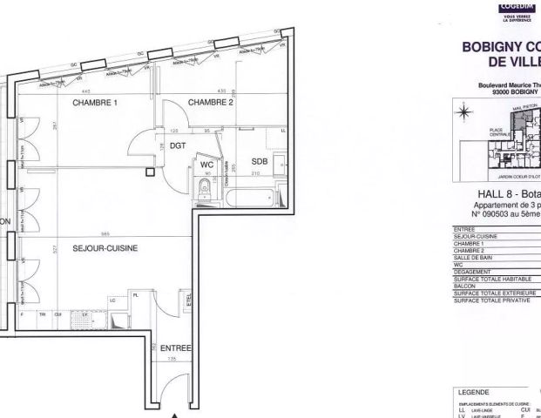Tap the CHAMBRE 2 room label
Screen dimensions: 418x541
pyautogui.click(x=212, y=102)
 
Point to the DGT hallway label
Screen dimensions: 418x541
pyautogui.click(x=178, y=146)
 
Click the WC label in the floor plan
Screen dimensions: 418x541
pyautogui.click(x=207, y=163)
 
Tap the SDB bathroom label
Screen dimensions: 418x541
pyautogui.click(x=260, y=162)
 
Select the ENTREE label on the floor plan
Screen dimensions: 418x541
pyautogui.click(x=175, y=348)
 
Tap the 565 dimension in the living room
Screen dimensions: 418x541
pyautogui.click(x=104, y=233)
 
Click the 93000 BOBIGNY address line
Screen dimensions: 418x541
pyautogui.click(x=510, y=91)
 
